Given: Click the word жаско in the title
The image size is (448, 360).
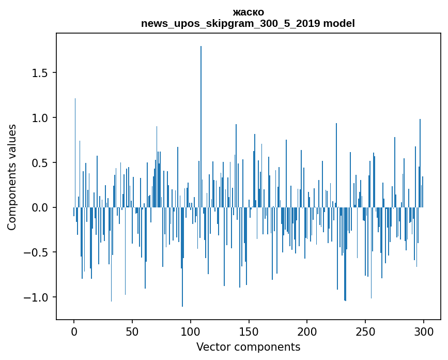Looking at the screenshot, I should [248, 12].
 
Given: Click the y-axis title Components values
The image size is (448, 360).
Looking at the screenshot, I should [12, 177].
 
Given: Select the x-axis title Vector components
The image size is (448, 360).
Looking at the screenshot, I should [248, 347].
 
